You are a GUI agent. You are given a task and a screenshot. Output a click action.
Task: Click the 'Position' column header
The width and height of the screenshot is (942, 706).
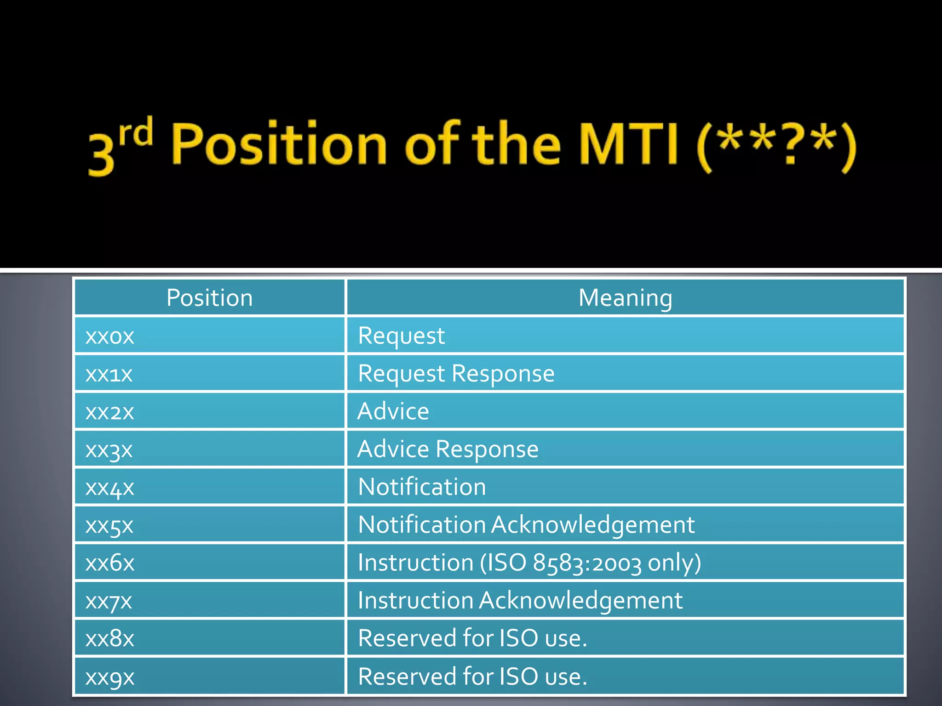click(x=209, y=298)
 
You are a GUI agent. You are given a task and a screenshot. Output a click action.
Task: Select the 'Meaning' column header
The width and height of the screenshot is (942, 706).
click(x=625, y=298)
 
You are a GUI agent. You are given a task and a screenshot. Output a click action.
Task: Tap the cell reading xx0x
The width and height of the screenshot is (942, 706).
click(x=110, y=336)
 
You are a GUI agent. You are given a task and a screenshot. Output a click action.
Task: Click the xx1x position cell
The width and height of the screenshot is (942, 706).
click(x=109, y=374)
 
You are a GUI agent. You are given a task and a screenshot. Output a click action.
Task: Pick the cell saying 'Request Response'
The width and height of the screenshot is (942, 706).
click(x=456, y=374)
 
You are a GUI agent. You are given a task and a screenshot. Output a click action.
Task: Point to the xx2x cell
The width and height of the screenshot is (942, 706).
click(x=110, y=412)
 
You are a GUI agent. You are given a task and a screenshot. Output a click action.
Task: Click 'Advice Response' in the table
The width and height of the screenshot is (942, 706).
click(x=448, y=449)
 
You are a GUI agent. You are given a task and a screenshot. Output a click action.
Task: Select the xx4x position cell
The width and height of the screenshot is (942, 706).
click(x=110, y=487)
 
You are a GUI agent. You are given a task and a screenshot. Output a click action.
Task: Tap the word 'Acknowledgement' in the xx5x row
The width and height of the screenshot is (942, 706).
click(x=593, y=525)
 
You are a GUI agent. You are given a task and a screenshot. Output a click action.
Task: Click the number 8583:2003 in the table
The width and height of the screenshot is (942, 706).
click(x=587, y=563)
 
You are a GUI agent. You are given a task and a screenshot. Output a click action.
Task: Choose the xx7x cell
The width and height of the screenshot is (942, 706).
click(x=109, y=601)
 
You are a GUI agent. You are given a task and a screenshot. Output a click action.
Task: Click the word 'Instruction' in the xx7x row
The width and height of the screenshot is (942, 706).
click(x=415, y=601)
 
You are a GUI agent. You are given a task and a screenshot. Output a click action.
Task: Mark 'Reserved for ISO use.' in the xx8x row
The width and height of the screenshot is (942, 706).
click(x=472, y=638)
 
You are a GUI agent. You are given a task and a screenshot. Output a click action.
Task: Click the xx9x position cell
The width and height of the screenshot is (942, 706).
click(x=110, y=677)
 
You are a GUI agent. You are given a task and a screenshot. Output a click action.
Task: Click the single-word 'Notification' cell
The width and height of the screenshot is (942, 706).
click(x=422, y=487)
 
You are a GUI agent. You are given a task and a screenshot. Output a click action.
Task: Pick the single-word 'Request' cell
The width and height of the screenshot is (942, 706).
click(x=401, y=336)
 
